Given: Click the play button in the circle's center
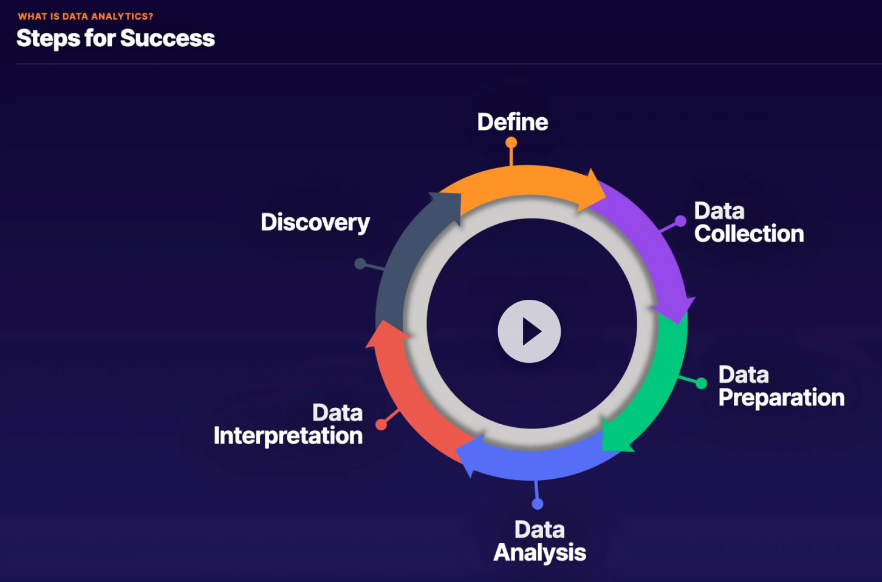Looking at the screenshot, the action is coord(529,331).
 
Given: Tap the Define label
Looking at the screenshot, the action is coord(513,122).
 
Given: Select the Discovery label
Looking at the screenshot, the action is coord(315,223).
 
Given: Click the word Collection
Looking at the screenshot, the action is coord(749,234).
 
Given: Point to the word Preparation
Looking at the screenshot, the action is coord(781,398).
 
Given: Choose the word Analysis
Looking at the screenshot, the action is coord(539,553).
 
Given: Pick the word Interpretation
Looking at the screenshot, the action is coord(288,436).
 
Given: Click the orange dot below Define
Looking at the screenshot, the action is coord(511,143).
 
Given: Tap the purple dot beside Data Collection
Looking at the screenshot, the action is coord(680,222).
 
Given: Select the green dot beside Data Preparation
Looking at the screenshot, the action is coord(701,383).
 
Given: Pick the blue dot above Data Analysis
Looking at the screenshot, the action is coord(538,504).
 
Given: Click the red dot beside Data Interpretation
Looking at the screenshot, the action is coord(381,424).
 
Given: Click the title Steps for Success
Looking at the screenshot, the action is coord(115,38).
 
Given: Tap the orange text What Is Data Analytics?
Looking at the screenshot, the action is coord(86,16).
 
